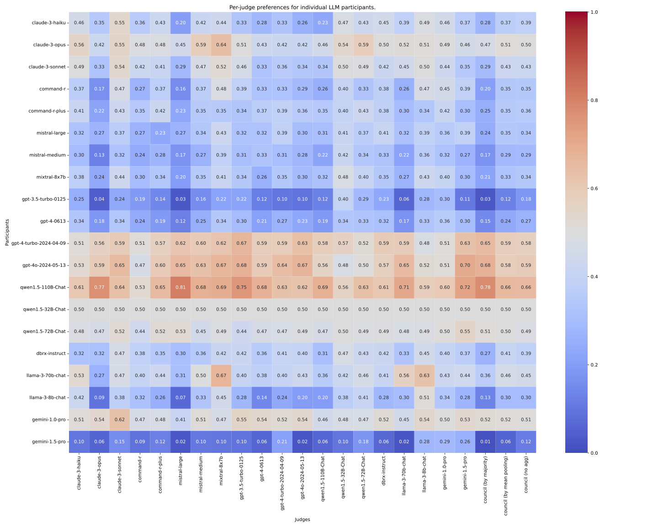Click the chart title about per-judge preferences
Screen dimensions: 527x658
click(302, 7)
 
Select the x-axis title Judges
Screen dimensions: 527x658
click(302, 519)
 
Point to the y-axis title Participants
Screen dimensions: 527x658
click(7, 232)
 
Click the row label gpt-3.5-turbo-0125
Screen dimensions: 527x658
click(44, 199)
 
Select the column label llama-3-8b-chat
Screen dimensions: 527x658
click(425, 473)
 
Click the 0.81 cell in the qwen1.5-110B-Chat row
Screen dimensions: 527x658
click(180, 287)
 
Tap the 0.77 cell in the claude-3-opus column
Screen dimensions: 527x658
click(99, 287)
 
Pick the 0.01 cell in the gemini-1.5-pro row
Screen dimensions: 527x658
click(485, 442)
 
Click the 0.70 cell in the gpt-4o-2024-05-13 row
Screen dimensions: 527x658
click(465, 265)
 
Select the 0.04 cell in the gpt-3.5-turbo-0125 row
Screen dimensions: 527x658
click(99, 199)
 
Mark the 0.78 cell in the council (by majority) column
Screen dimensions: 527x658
click(485, 287)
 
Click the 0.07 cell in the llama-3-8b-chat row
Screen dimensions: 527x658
click(180, 398)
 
